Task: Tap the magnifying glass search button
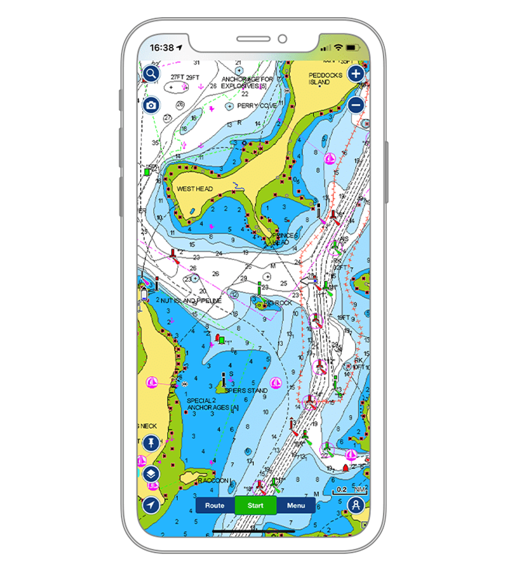tap(150, 74)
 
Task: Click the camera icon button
tap(150, 105)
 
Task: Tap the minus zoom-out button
tap(356, 105)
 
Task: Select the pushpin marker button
tap(150, 443)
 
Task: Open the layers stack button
tap(150, 473)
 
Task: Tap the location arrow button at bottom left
tap(150, 504)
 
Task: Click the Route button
tap(215, 506)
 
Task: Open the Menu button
tap(296, 506)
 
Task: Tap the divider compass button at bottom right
tap(356, 506)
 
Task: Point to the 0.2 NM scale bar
tap(349, 490)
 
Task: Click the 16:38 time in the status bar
tap(161, 48)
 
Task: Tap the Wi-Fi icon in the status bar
tap(339, 48)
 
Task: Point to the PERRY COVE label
tap(257, 106)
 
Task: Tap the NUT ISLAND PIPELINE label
tap(190, 300)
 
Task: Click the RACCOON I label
tap(215, 481)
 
